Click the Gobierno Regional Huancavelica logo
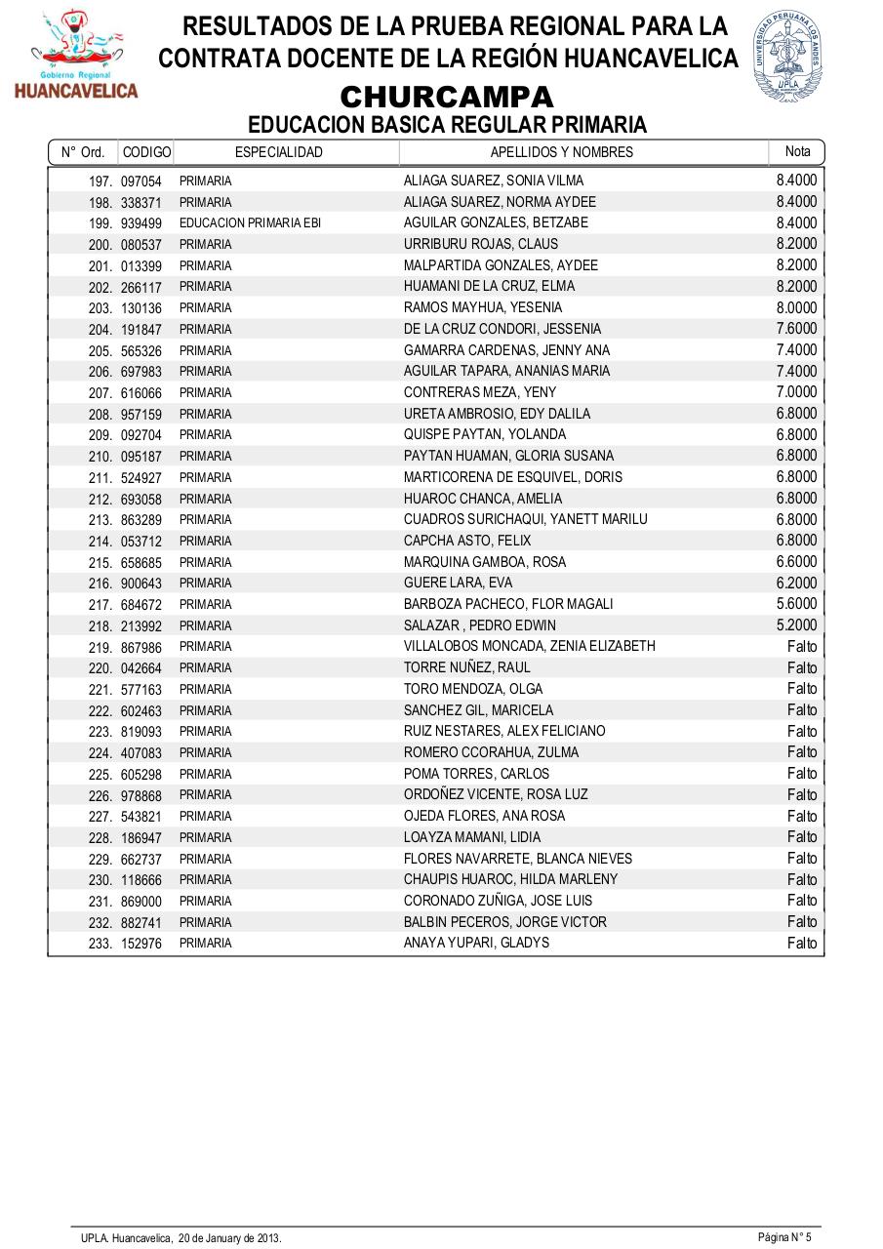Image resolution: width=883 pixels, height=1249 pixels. [76, 56]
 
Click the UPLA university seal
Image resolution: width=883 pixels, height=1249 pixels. [786, 58]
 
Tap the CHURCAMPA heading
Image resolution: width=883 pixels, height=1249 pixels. [447, 98]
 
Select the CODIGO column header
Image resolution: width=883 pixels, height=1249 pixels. [146, 152]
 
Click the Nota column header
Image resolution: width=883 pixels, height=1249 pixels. [797, 151]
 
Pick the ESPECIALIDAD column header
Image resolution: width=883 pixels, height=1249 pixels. [279, 152]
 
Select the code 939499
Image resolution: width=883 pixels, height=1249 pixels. [141, 223]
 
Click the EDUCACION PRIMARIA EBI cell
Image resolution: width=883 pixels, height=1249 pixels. [250, 223]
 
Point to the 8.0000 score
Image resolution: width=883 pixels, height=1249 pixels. [796, 307]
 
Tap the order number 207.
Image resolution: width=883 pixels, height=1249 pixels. [101, 392]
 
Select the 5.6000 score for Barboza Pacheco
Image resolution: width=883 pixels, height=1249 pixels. [796, 604]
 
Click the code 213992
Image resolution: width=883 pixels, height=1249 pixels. [141, 625]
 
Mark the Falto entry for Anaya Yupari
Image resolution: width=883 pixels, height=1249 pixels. [802, 944]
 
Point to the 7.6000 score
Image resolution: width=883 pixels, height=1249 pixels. [796, 329]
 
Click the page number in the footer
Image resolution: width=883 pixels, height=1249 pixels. [784, 1236]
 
